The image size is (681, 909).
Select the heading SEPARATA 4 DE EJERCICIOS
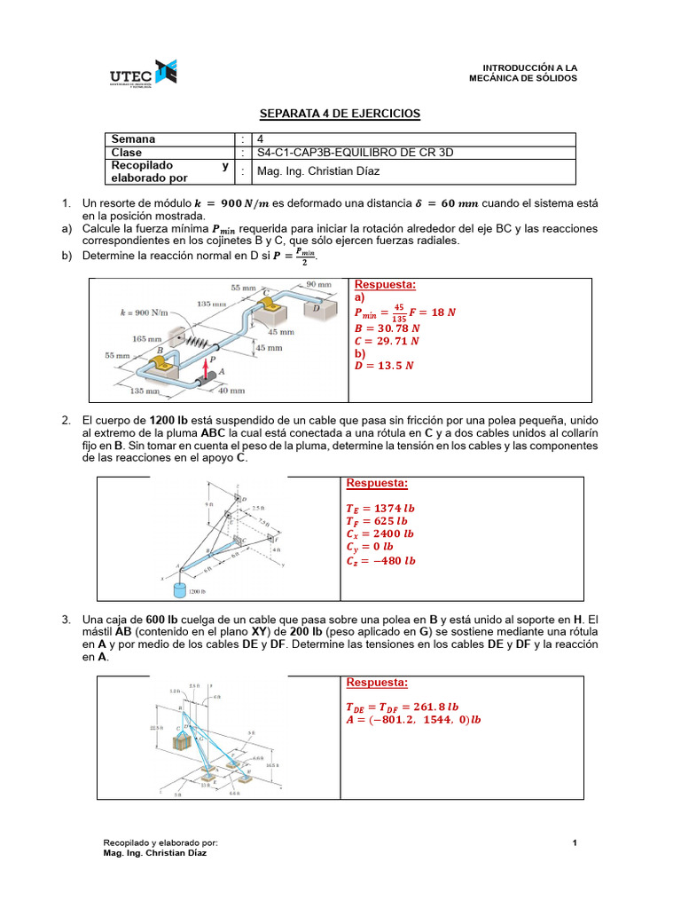(x=339, y=114)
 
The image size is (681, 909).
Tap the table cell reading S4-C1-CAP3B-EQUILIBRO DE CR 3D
(x=355, y=152)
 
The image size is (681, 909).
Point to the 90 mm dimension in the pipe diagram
(x=317, y=285)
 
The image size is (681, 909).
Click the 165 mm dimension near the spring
(x=146, y=338)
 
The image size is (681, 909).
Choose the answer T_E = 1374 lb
(x=380, y=509)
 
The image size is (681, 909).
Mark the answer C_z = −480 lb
(x=380, y=560)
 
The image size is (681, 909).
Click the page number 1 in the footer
(x=575, y=842)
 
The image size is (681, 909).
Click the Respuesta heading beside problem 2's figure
(x=377, y=483)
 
